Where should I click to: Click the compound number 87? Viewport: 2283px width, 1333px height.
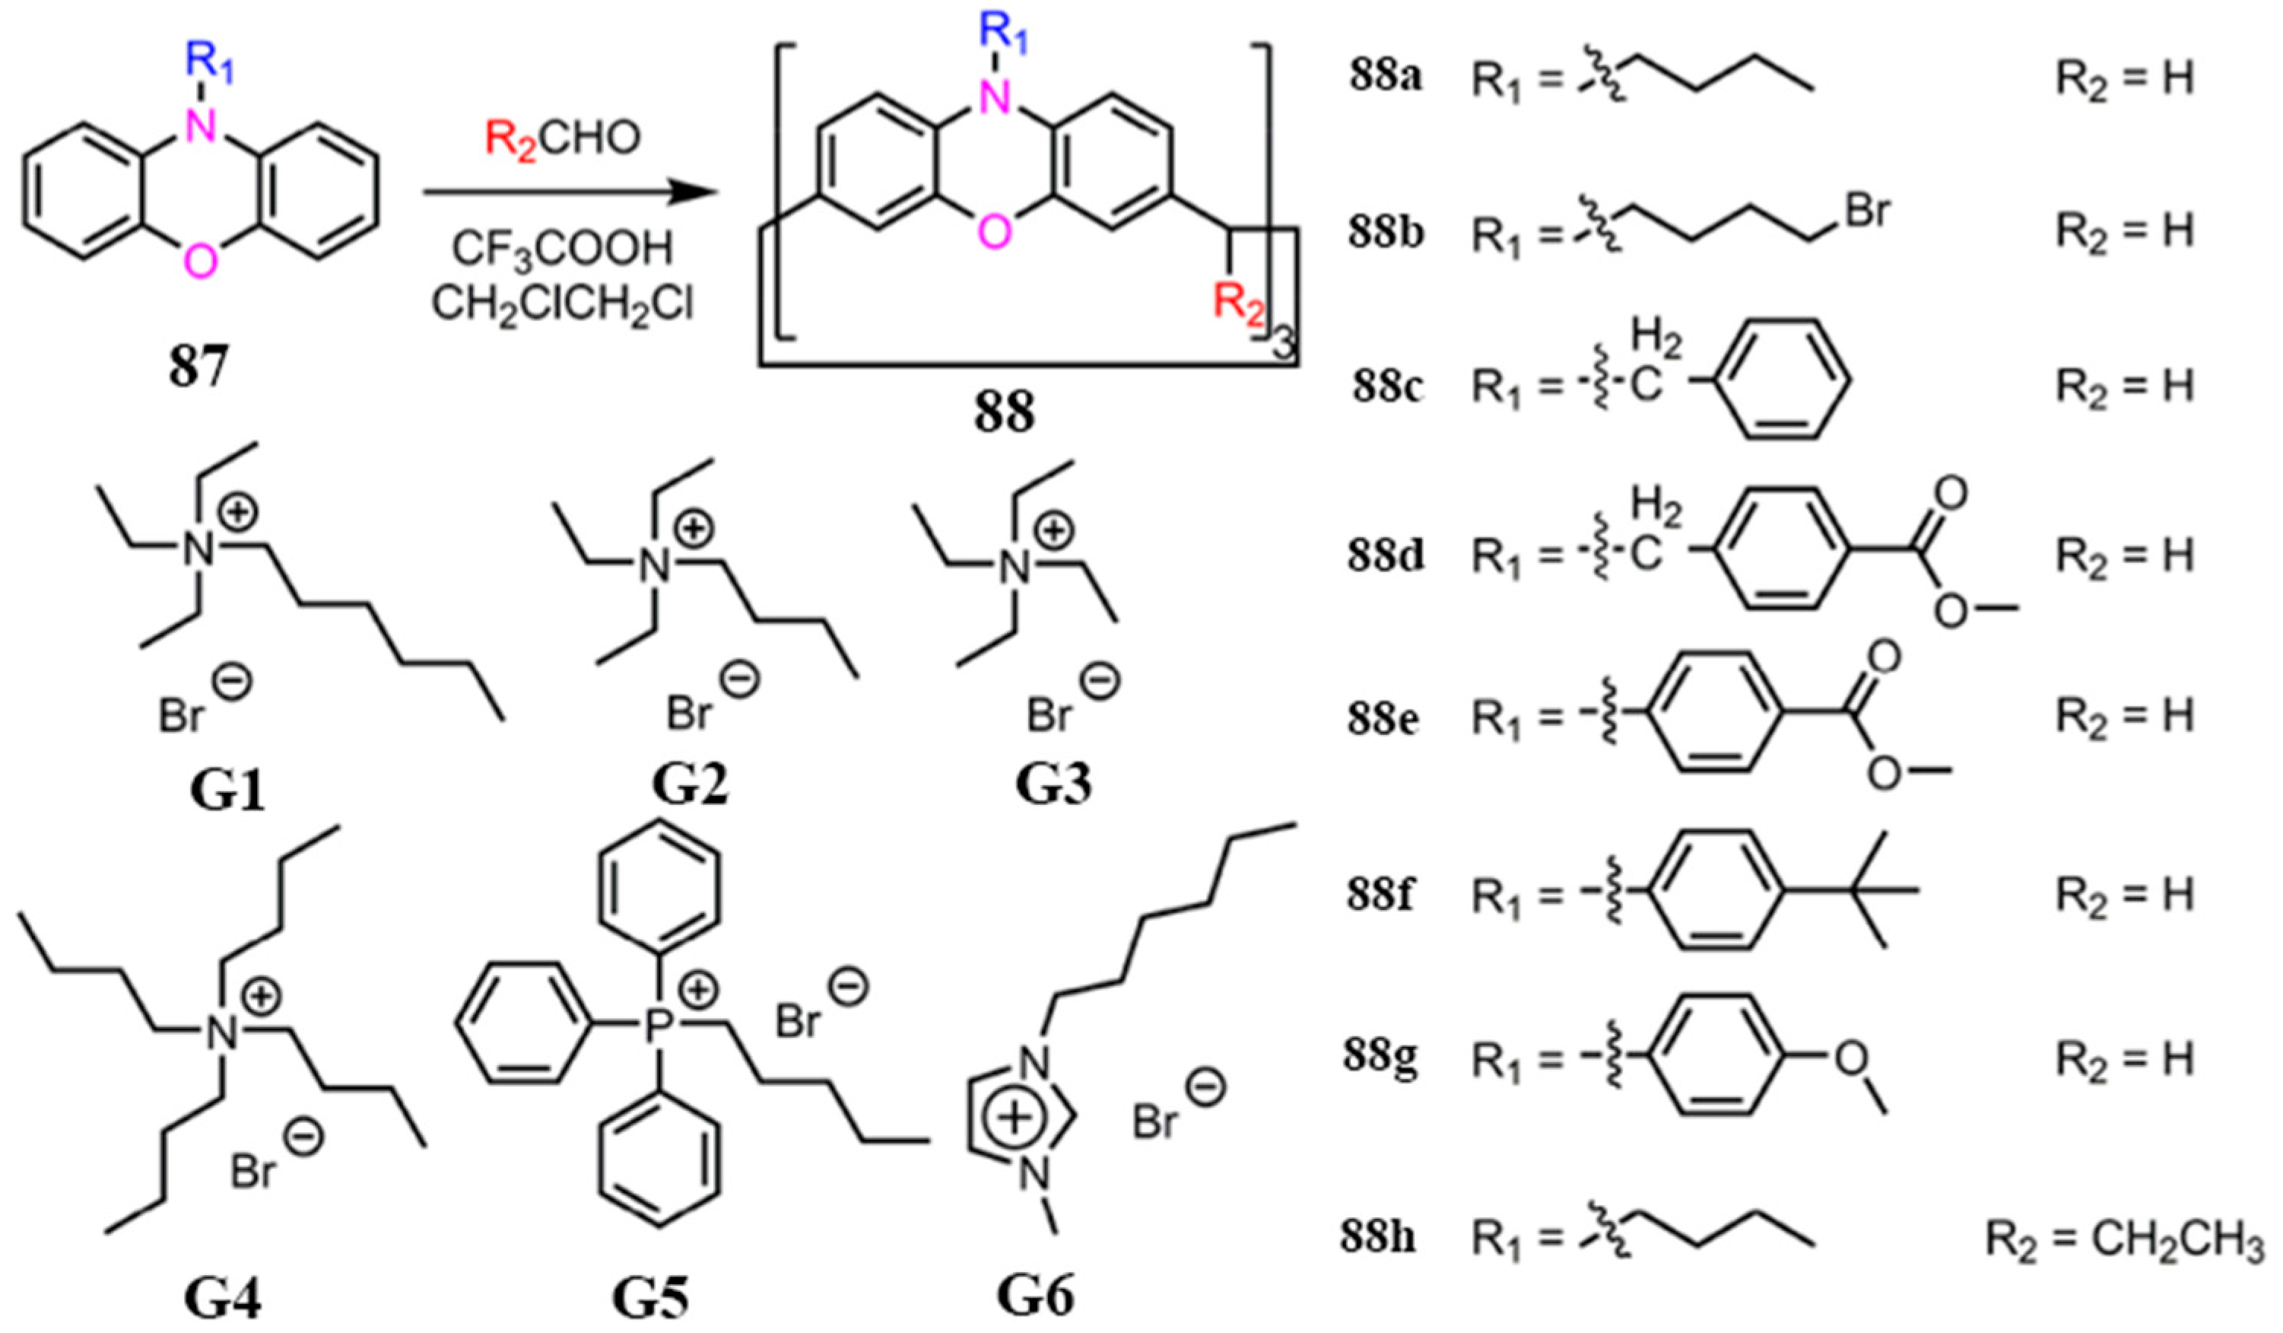pyautogui.click(x=198, y=370)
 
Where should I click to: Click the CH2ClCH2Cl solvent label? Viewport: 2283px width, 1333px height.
pyautogui.click(x=563, y=304)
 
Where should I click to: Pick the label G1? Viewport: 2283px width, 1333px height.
pyautogui.click(x=227, y=789)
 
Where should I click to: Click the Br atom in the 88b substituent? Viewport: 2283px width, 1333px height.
pyautogui.click(x=1865, y=214)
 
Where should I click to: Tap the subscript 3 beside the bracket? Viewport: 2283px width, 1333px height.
pyautogui.click(x=1283, y=346)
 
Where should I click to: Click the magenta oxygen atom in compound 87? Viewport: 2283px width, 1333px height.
pyautogui.click(x=200, y=261)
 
